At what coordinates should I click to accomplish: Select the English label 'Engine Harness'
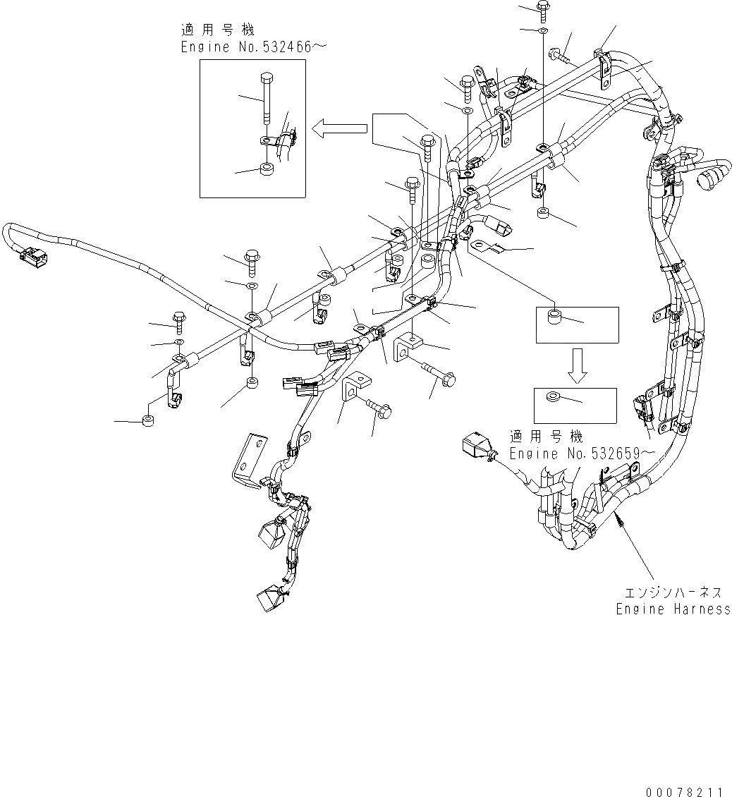pos(673,609)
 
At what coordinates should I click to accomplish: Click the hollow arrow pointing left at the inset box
pos(340,128)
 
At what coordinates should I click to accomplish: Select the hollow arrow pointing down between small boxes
pos(578,365)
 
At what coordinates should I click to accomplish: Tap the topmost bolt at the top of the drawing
pos(545,11)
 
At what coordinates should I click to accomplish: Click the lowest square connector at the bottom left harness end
pos(269,600)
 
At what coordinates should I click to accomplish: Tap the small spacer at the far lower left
pos(149,422)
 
